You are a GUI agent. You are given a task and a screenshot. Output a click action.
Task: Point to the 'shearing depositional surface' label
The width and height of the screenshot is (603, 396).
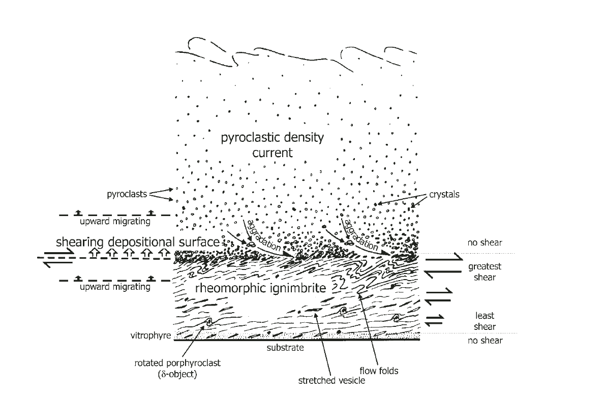(138, 242)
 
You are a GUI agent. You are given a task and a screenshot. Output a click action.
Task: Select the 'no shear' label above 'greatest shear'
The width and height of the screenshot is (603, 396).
(485, 242)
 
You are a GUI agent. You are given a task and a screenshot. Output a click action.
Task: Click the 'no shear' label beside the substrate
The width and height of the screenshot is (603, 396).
(485, 340)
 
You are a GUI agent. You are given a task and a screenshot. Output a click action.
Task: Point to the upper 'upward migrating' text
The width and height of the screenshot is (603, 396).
(114, 221)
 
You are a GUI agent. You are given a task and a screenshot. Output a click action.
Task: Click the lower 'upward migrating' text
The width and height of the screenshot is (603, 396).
(114, 287)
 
